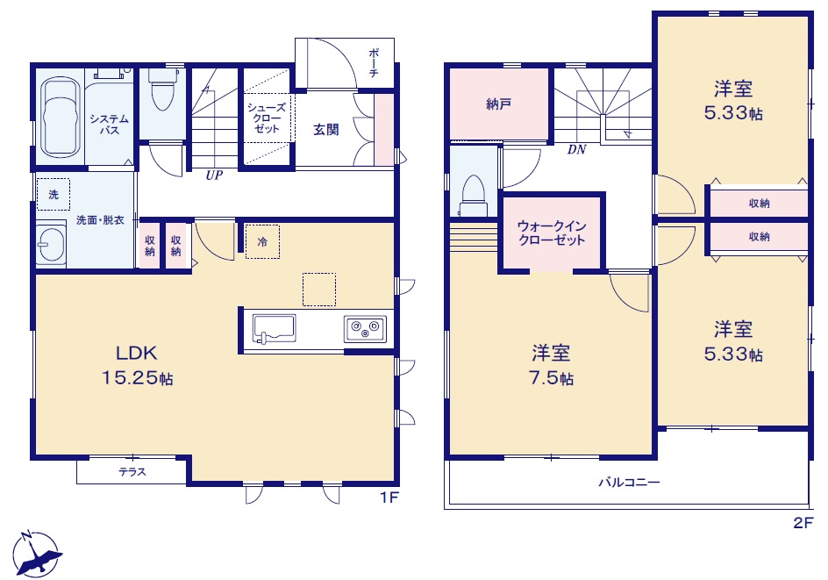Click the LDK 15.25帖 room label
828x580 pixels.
click(138, 365)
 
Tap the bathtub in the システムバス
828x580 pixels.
click(60, 117)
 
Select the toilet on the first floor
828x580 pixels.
click(162, 89)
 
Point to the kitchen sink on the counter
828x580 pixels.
click(274, 329)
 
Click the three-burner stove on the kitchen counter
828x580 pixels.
click(365, 329)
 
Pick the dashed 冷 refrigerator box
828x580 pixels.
click(262, 242)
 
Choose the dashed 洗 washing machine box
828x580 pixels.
click(54, 195)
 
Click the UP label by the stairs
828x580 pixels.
click(214, 175)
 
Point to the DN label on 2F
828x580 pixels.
click(576, 150)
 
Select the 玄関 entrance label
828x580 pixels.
click(325, 129)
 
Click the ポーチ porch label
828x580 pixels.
click(374, 62)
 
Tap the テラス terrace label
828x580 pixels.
click(132, 472)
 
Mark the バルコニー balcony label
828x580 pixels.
click(629, 483)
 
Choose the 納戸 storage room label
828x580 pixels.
click(498, 104)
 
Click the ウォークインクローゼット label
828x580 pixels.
click(552, 233)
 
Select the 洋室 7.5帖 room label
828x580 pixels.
click(552, 365)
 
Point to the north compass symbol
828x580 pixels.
click(37, 553)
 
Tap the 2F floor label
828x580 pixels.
click(803, 522)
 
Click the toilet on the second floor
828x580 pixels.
click(473, 196)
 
